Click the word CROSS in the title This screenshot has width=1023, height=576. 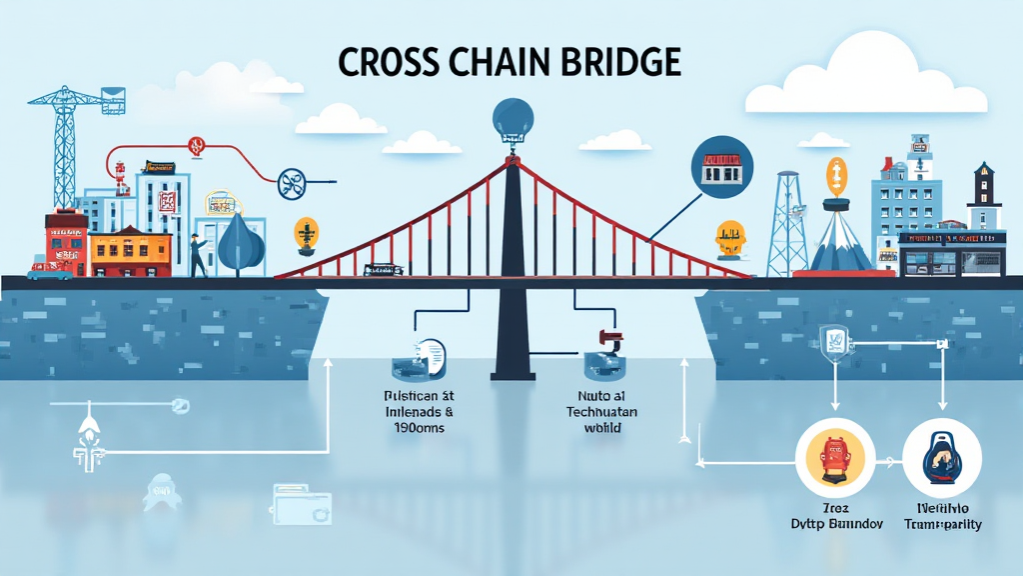[385, 62]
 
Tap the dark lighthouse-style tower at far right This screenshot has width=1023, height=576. [983, 200]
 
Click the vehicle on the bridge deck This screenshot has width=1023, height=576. [385, 269]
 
